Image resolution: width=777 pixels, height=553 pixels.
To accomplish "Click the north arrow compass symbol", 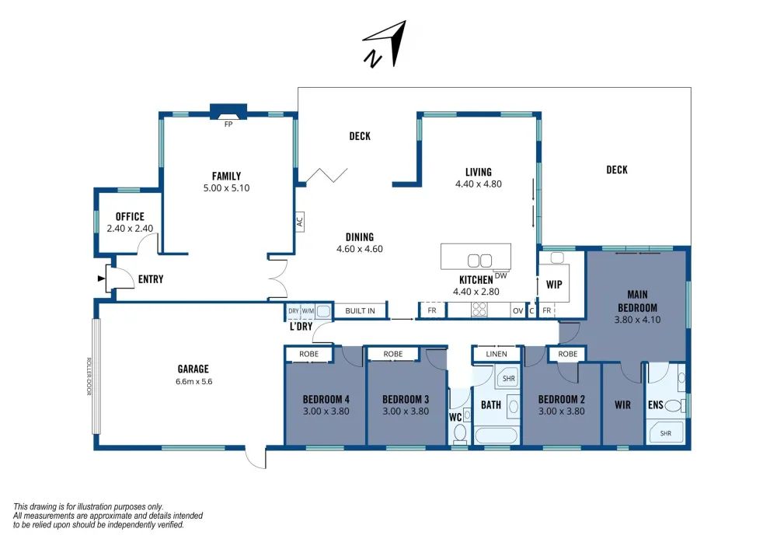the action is tap(385, 44).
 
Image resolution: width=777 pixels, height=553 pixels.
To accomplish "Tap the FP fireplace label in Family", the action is tap(228, 124).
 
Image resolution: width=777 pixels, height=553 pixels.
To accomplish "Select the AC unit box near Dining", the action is tap(299, 222).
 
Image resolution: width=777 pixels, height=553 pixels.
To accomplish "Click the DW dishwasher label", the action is tap(500, 275).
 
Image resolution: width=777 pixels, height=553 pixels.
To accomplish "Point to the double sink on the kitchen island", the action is tap(479, 261).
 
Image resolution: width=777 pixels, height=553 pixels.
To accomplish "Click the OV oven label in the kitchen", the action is tap(517, 311).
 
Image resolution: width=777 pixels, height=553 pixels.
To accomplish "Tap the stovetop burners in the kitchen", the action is tap(479, 310).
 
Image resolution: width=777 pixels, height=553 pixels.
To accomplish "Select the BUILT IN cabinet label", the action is tap(360, 311).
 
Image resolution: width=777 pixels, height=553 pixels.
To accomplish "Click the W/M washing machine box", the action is tap(308, 311).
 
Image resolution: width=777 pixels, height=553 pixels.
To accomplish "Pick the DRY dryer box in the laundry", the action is tap(294, 311).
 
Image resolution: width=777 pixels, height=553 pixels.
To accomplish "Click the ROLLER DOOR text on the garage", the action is tap(89, 376).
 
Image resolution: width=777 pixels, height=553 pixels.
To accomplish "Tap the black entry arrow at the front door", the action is tap(102, 278).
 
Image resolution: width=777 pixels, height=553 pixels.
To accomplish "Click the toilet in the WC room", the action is tap(460, 432).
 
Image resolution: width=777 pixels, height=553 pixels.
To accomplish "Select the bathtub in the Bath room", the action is tap(496, 436).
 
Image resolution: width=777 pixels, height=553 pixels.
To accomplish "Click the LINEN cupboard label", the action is tap(497, 354).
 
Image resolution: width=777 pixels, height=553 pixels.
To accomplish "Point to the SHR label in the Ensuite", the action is tap(666, 433).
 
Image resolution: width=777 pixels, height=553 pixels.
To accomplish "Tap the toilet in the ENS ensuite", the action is tap(675, 406).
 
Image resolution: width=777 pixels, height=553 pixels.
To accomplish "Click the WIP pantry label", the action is tap(554, 285).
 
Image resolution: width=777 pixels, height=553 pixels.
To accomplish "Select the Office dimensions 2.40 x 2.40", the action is tap(130, 229).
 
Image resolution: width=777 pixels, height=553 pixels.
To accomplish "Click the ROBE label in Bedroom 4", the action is tap(308, 354).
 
